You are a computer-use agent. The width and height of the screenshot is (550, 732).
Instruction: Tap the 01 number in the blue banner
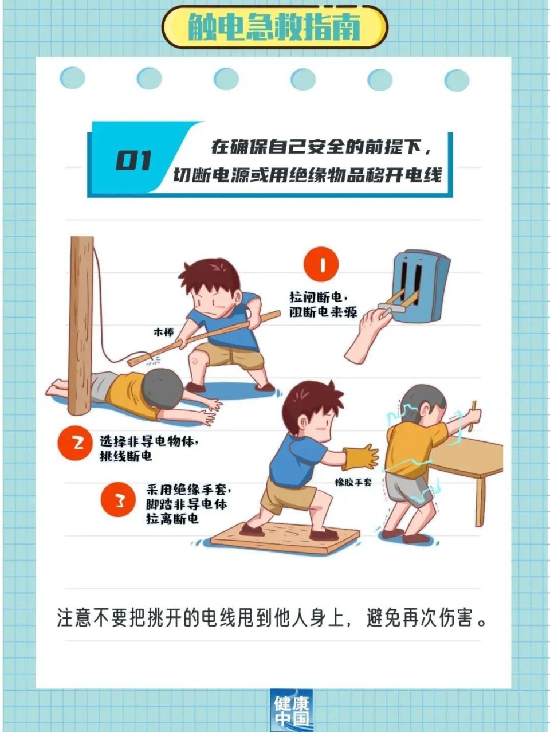[x=134, y=161]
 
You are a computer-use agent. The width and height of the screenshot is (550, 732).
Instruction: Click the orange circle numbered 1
[x=321, y=265]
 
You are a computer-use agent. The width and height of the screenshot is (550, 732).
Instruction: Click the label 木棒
[x=163, y=332]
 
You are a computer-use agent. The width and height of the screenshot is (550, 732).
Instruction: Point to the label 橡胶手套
[x=353, y=482]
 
